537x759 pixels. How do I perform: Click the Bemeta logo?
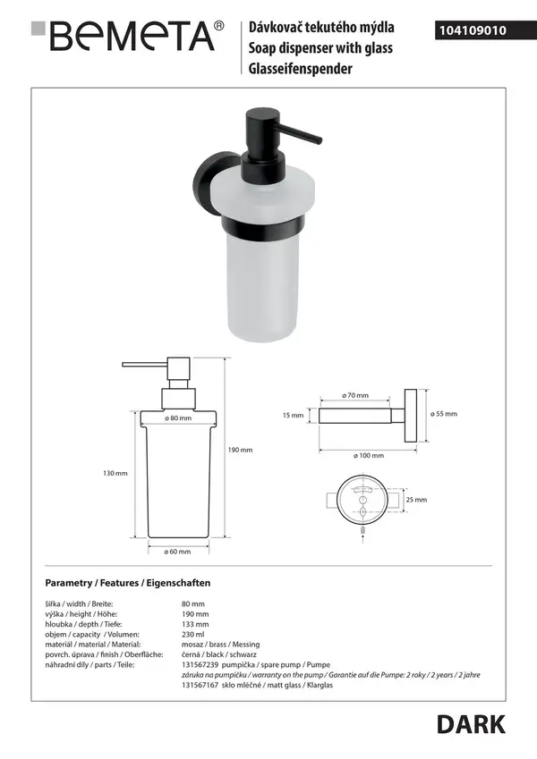pos(127,36)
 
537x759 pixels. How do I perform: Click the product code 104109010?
pos(473,30)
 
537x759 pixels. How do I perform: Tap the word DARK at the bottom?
pos(471,725)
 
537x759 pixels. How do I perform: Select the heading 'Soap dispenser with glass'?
pos(320,48)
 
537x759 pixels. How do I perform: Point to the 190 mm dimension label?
pos(241,450)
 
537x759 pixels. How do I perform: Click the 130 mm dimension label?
pos(115,473)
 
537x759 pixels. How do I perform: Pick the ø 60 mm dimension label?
pos(177,552)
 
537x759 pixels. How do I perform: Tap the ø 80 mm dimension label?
pos(178,417)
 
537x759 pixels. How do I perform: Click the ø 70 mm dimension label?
pos(355,395)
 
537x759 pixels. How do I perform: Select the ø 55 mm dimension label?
pos(444,414)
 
